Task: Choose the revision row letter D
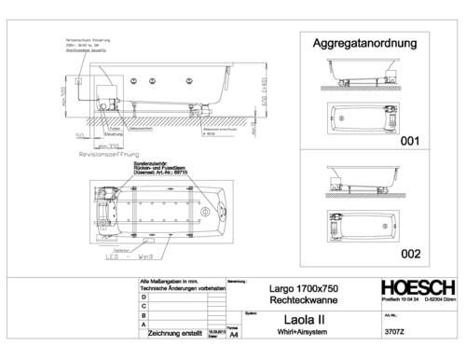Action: tap(143, 298)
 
